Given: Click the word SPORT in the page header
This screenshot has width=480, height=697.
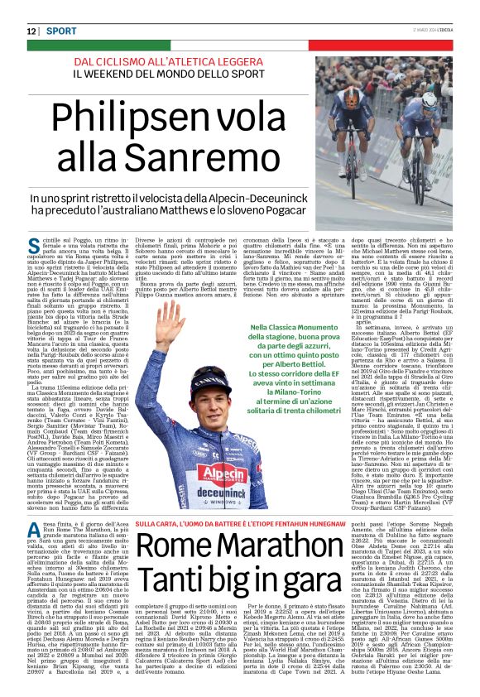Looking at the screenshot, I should pos(61,31).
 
